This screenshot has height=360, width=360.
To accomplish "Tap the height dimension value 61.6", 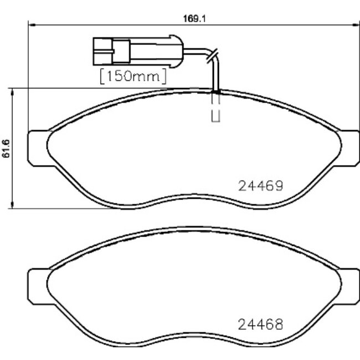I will coord(7,148).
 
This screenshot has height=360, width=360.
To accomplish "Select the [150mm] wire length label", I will coord(133,76).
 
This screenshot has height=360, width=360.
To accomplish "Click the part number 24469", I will coord(261,186).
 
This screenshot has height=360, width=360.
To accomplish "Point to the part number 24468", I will coord(261,323).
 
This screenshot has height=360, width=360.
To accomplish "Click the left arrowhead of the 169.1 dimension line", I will coord(31,24).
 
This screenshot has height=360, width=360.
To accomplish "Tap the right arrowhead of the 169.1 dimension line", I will coord(355,24).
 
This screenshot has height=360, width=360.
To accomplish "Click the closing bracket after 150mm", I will coord(163,76).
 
